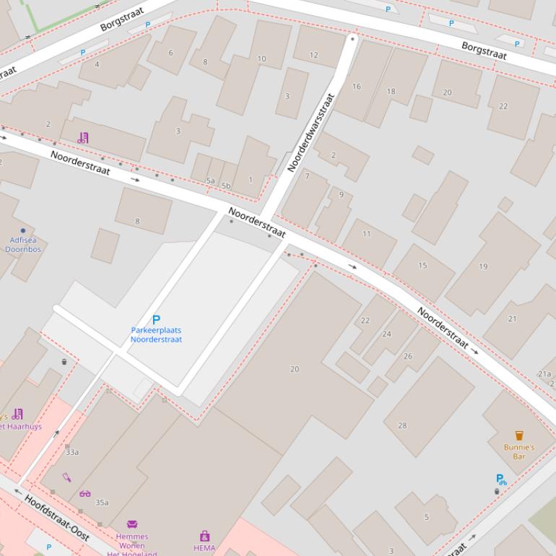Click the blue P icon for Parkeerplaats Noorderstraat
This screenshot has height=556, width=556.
(156, 319)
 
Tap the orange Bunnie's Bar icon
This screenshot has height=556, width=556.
(518, 435)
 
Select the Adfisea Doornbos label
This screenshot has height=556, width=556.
(24, 244)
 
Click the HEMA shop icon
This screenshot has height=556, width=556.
(204, 536)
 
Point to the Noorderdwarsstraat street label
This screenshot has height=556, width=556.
(311, 132)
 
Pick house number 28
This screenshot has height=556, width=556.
(402, 425)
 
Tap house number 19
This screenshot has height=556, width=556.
(483, 266)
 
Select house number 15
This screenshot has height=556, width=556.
(422, 265)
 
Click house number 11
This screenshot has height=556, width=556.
(367, 233)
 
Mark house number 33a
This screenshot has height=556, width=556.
(72, 452)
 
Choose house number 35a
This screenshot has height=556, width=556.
(102, 503)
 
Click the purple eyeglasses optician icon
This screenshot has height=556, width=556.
(85, 494)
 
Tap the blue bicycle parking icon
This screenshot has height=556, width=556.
(501, 479)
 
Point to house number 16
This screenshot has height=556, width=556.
(356, 87)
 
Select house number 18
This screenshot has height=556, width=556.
(391, 91)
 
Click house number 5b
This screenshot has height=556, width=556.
(226, 186)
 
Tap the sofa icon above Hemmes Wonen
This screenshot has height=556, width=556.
(132, 524)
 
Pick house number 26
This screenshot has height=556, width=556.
(408, 356)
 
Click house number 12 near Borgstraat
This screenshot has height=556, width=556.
(313, 55)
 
